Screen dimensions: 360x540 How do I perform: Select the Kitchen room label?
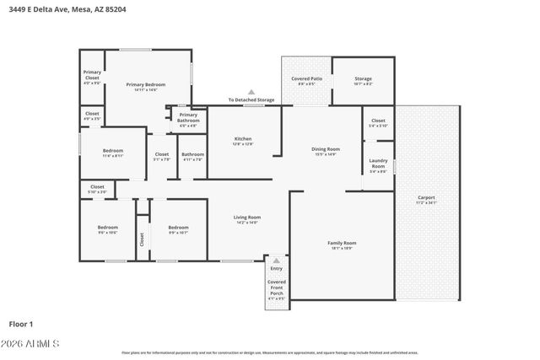pyautogui.click(x=243, y=141)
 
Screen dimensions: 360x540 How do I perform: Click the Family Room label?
pyautogui.click(x=342, y=245)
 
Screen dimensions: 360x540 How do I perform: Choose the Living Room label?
pyautogui.click(x=247, y=220)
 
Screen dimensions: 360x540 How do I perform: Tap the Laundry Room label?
pyautogui.click(x=378, y=165)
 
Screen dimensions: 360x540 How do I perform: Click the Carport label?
pyautogui.click(x=426, y=200)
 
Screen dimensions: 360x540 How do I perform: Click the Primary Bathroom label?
pyautogui.click(x=188, y=120)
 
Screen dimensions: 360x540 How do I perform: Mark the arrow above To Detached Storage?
pyautogui.click(x=251, y=92)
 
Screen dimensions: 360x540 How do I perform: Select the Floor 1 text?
pyautogui.click(x=21, y=324)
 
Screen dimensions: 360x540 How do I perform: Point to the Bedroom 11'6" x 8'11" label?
pyautogui.click(x=113, y=153)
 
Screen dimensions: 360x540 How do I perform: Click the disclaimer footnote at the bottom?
pyautogui.click(x=270, y=353)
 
